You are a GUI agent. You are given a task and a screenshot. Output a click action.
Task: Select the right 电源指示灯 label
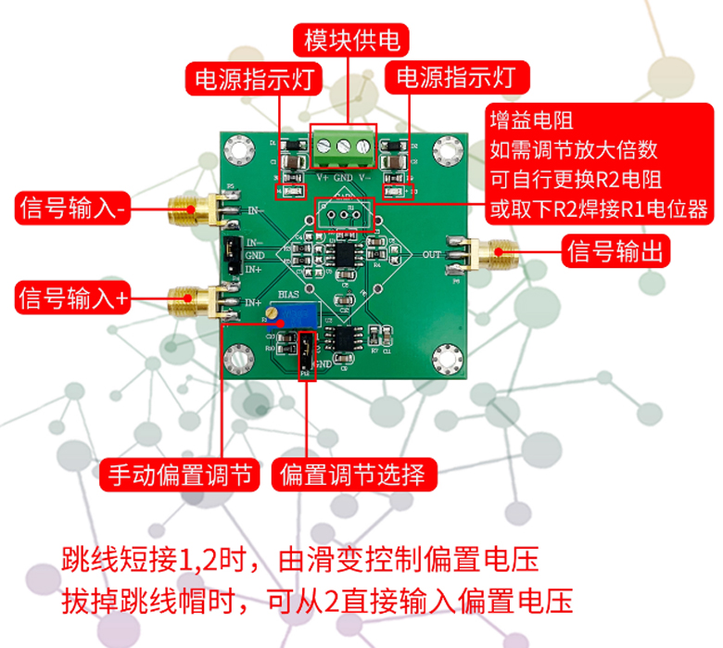(x=454, y=78)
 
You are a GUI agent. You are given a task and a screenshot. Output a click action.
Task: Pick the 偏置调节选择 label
(x=353, y=476)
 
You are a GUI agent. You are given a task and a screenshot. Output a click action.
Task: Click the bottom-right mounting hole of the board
(x=449, y=355)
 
